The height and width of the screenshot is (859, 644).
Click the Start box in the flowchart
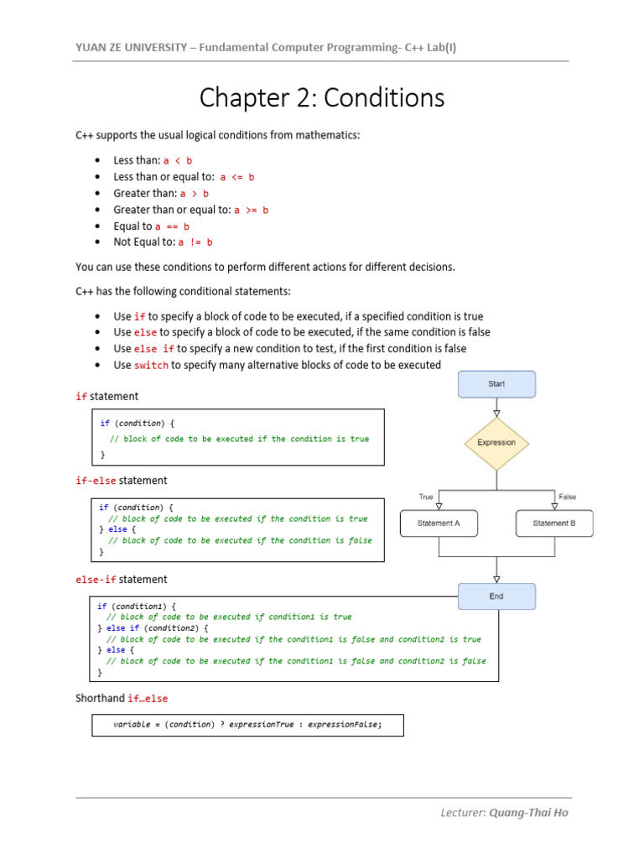click(496, 384)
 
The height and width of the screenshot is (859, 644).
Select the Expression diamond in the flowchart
click(496, 443)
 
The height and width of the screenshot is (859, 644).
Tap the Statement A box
click(439, 523)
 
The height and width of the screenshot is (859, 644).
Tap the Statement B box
click(554, 523)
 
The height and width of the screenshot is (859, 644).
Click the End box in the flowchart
click(496, 596)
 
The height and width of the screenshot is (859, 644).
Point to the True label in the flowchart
click(426, 497)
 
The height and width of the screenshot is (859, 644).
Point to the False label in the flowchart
click(568, 497)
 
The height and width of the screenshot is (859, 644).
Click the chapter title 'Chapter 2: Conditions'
click(322, 98)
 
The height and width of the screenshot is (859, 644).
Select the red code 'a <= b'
click(237, 177)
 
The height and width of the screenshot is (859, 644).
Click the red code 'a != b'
click(195, 242)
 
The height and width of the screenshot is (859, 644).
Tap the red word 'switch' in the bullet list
click(151, 365)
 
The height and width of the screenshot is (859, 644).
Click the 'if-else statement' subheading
click(122, 481)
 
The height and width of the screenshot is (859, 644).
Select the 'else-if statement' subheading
click(122, 580)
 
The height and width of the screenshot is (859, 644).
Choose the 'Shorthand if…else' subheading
click(122, 699)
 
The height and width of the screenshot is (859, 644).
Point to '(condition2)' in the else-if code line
click(170, 627)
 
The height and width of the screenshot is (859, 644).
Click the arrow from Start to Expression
click(496, 408)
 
